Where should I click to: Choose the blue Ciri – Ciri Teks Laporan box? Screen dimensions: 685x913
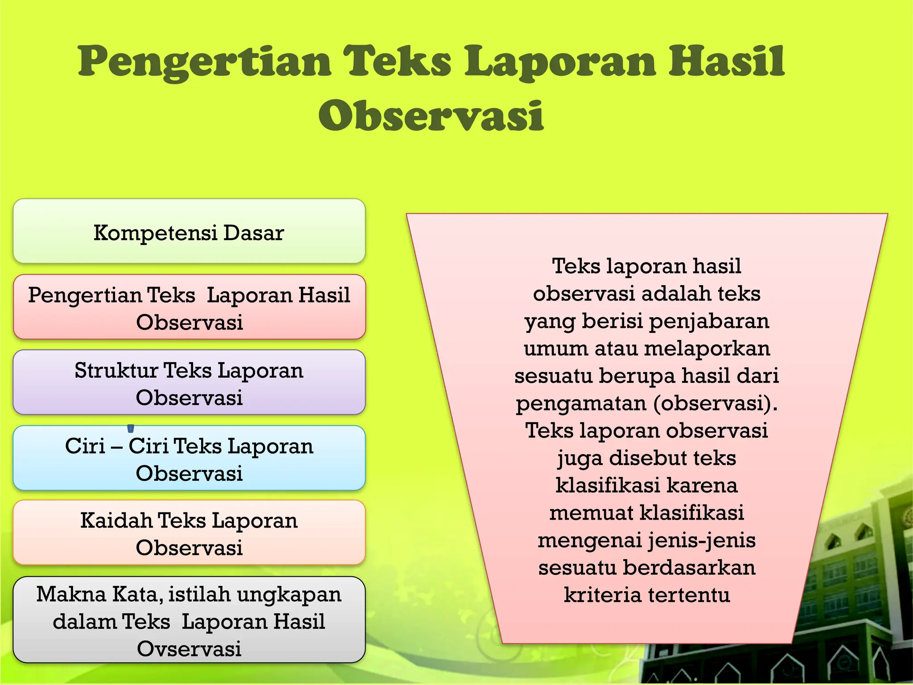(x=189, y=458)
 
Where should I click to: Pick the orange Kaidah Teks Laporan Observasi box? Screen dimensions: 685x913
(x=189, y=533)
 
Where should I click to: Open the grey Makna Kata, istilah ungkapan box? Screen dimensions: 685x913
(x=189, y=620)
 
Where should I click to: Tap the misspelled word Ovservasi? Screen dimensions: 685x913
(x=189, y=648)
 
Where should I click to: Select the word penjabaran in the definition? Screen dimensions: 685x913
(x=709, y=322)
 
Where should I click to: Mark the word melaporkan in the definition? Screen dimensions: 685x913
(x=707, y=349)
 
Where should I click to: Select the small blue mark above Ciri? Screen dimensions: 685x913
(x=131, y=429)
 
